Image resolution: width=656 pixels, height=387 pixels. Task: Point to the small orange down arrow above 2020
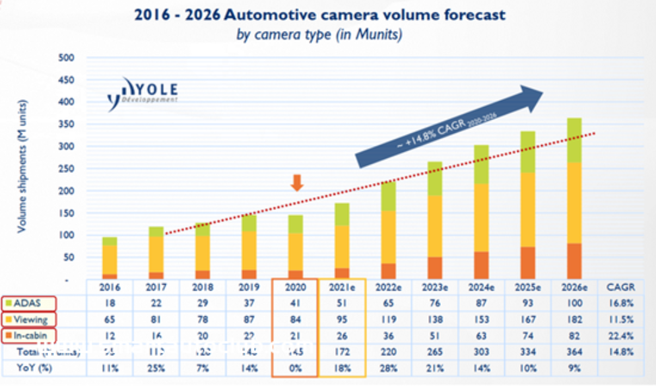[x=297, y=182]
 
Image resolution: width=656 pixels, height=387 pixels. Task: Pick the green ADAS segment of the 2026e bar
[x=574, y=140]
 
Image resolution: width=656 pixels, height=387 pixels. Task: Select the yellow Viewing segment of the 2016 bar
[x=110, y=260]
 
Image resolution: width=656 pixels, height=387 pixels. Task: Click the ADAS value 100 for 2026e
[x=574, y=303]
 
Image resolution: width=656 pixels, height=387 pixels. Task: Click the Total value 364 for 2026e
[x=574, y=352]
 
